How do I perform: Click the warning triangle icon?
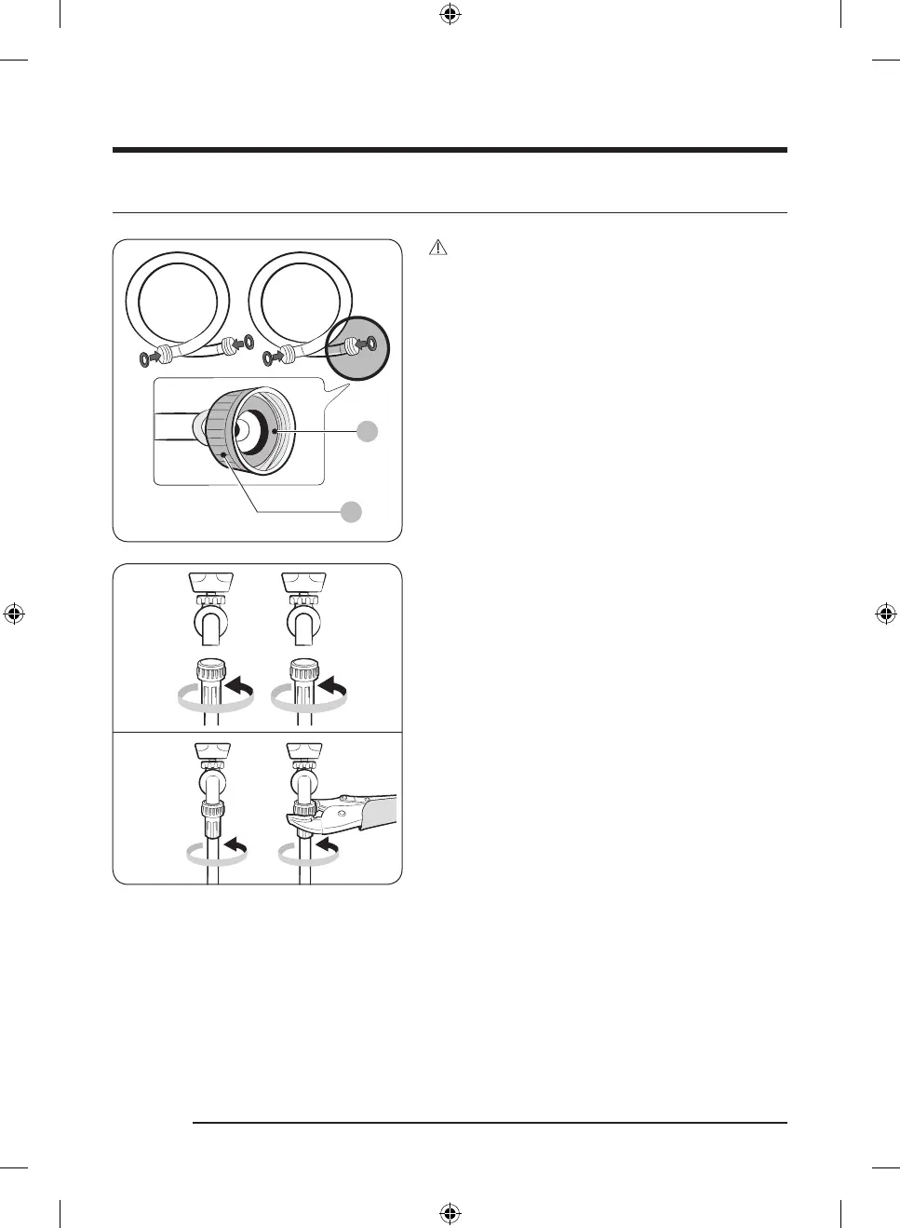click(438, 248)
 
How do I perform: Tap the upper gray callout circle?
click(368, 430)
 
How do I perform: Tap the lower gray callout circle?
click(350, 511)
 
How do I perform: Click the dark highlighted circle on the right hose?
click(358, 347)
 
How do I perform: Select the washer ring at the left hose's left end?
click(143, 358)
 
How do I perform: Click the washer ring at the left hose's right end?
click(248, 343)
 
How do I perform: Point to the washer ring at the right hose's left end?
click(267, 358)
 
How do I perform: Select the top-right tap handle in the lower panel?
click(303, 582)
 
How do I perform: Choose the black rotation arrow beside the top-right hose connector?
click(334, 687)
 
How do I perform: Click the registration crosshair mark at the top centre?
click(450, 14)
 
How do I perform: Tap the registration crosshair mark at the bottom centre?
click(450, 1213)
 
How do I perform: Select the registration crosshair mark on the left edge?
click(14, 614)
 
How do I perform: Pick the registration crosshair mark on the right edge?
click(886, 614)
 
